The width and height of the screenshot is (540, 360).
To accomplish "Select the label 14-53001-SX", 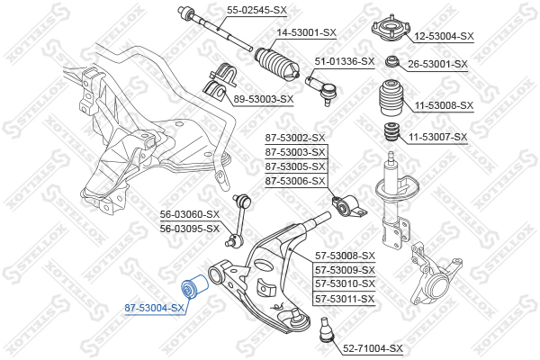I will pyautogui.click(x=306, y=32).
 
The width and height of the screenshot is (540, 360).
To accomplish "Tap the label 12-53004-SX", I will pyautogui.click(x=443, y=37).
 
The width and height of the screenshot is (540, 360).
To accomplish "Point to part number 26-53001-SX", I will pyautogui.click(x=438, y=64).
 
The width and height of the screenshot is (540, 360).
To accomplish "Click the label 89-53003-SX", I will pyautogui.click(x=264, y=99).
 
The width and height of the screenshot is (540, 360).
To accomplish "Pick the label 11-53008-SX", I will pyautogui.click(x=443, y=105).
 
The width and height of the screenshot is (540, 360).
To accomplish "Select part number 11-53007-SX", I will pyautogui.click(x=438, y=137).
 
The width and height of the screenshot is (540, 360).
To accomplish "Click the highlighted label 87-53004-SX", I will pyautogui.click(x=154, y=308).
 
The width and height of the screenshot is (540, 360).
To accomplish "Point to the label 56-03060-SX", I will pyautogui.click(x=190, y=214).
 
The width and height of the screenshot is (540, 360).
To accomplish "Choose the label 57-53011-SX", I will pyautogui.click(x=344, y=298).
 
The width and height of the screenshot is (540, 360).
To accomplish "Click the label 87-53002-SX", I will pyautogui.click(x=295, y=138).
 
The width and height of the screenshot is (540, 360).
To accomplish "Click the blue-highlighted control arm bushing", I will pyautogui.click(x=193, y=288).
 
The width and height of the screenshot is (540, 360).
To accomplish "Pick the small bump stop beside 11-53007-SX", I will pyautogui.click(x=391, y=134).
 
